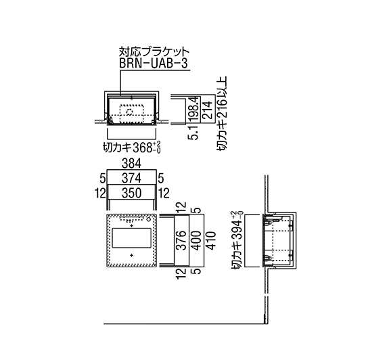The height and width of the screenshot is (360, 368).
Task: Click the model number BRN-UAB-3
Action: pos(154,64)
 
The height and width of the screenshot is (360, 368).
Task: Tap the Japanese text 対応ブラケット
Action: pos(154,51)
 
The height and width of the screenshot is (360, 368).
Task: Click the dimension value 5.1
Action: pos(194,133)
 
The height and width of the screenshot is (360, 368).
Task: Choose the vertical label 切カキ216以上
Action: pos(222,113)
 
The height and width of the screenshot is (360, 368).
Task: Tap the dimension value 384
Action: pos(131,164)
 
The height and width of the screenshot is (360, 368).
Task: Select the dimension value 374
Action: pos(131,178)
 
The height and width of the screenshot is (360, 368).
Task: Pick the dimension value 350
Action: pos(131,194)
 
